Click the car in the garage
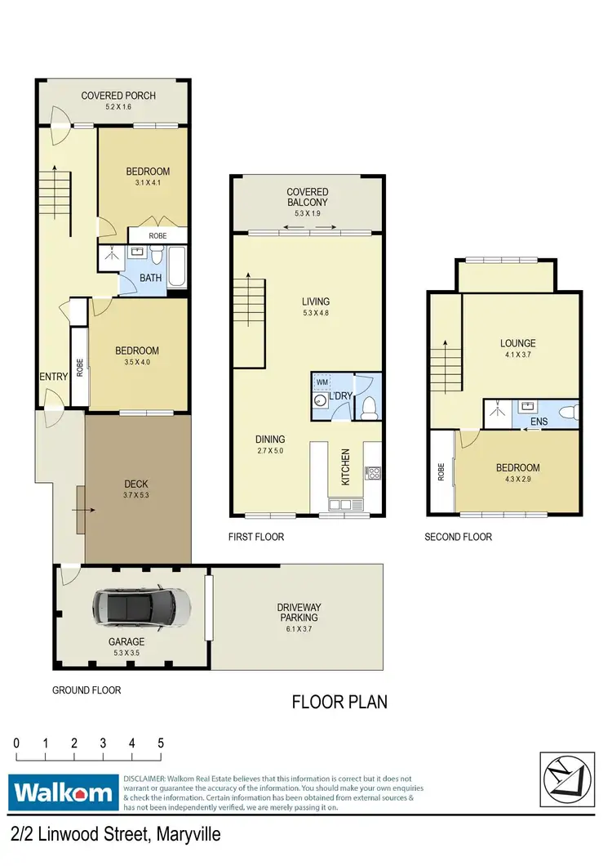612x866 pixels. pyautogui.click(x=142, y=607)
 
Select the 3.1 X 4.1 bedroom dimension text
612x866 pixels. pyautogui.click(x=148, y=184)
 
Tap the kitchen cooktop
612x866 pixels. pyautogui.click(x=373, y=473)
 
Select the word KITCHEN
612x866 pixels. pyautogui.click(x=345, y=467)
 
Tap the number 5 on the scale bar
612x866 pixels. pyautogui.click(x=161, y=743)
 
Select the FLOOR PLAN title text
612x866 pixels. pyautogui.click(x=339, y=701)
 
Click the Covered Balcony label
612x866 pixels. pyautogui.click(x=307, y=198)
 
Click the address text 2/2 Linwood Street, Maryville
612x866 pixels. pyautogui.click(x=116, y=835)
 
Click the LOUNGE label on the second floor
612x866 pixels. pyautogui.click(x=517, y=343)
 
